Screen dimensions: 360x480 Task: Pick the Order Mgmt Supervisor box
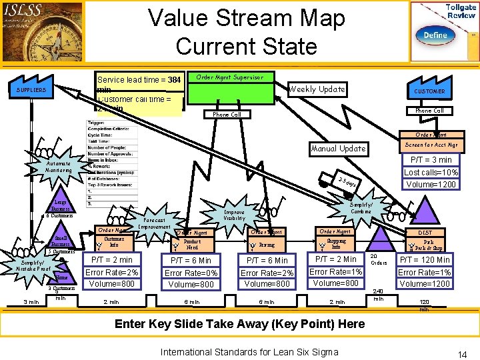pyautogui.click(x=229, y=77)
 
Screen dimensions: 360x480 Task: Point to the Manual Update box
pyautogui.click(x=338, y=148)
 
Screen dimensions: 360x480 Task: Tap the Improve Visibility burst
pyautogui.click(x=235, y=215)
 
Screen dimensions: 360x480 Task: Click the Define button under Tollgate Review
pyautogui.click(x=434, y=35)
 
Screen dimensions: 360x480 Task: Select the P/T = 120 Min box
pyautogui.click(x=424, y=259)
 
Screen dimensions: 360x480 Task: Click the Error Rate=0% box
pyautogui.click(x=191, y=273)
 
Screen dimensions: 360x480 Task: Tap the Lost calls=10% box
pyautogui.click(x=431, y=172)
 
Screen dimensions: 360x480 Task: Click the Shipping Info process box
pyautogui.click(x=337, y=244)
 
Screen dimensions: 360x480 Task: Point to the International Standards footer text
pyautogui.click(x=249, y=351)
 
